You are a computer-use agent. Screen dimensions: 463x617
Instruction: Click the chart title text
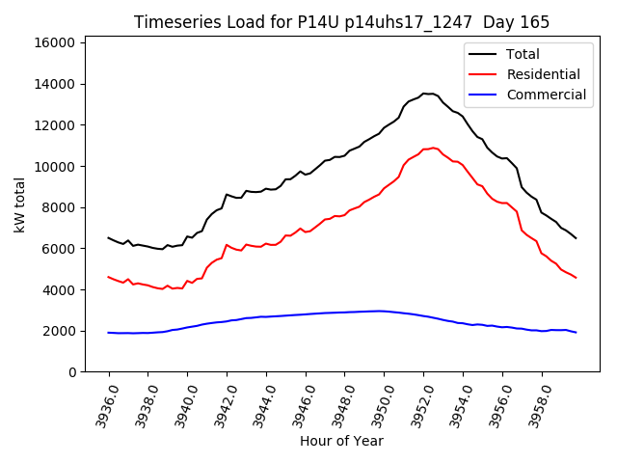point(340,21)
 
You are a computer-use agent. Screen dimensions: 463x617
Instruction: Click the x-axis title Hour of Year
point(341,441)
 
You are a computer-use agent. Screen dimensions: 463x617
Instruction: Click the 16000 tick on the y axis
point(55,42)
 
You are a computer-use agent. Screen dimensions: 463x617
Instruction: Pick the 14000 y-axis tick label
point(55,84)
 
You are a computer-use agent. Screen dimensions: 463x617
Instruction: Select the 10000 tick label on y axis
point(55,166)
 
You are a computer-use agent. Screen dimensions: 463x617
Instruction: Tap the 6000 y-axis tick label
point(59,248)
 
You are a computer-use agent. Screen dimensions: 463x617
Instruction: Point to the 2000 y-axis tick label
point(59,331)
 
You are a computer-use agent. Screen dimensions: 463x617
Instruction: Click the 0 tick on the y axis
point(73,372)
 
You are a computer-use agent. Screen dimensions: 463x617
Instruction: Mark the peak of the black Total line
point(424,94)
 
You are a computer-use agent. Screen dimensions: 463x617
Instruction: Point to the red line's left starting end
point(109,277)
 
